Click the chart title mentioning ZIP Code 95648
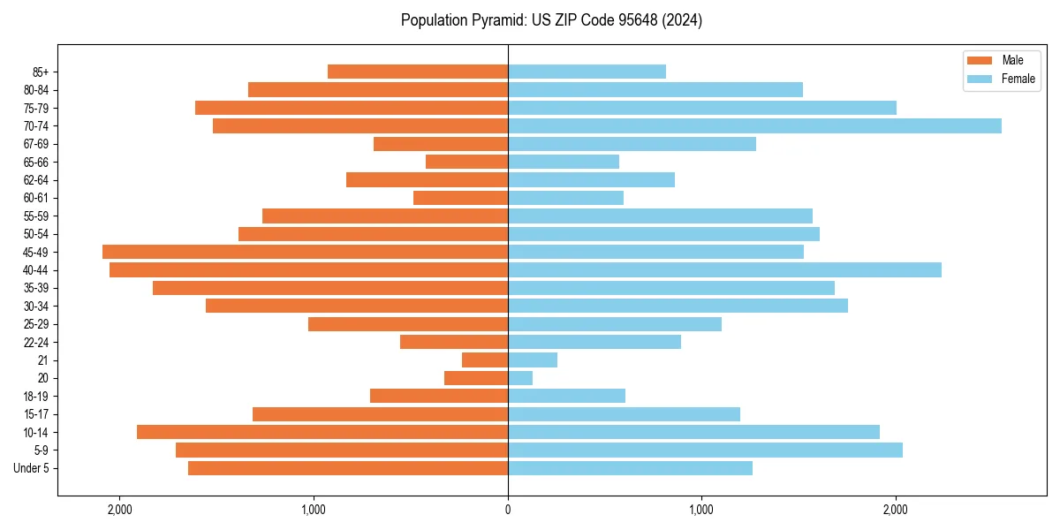551,20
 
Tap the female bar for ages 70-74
754,125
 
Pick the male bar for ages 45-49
305,252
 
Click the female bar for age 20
520,378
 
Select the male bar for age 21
485,360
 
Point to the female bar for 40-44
724,269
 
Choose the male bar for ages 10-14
322,432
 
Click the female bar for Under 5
630,468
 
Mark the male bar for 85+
418,72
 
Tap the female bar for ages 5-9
705,450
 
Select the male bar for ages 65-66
466,162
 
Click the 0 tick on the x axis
508,510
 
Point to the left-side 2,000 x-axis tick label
119,510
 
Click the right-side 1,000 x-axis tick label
701,510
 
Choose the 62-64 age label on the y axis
36,180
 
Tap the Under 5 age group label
32,468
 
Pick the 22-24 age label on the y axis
36,342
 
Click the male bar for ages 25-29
408,324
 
